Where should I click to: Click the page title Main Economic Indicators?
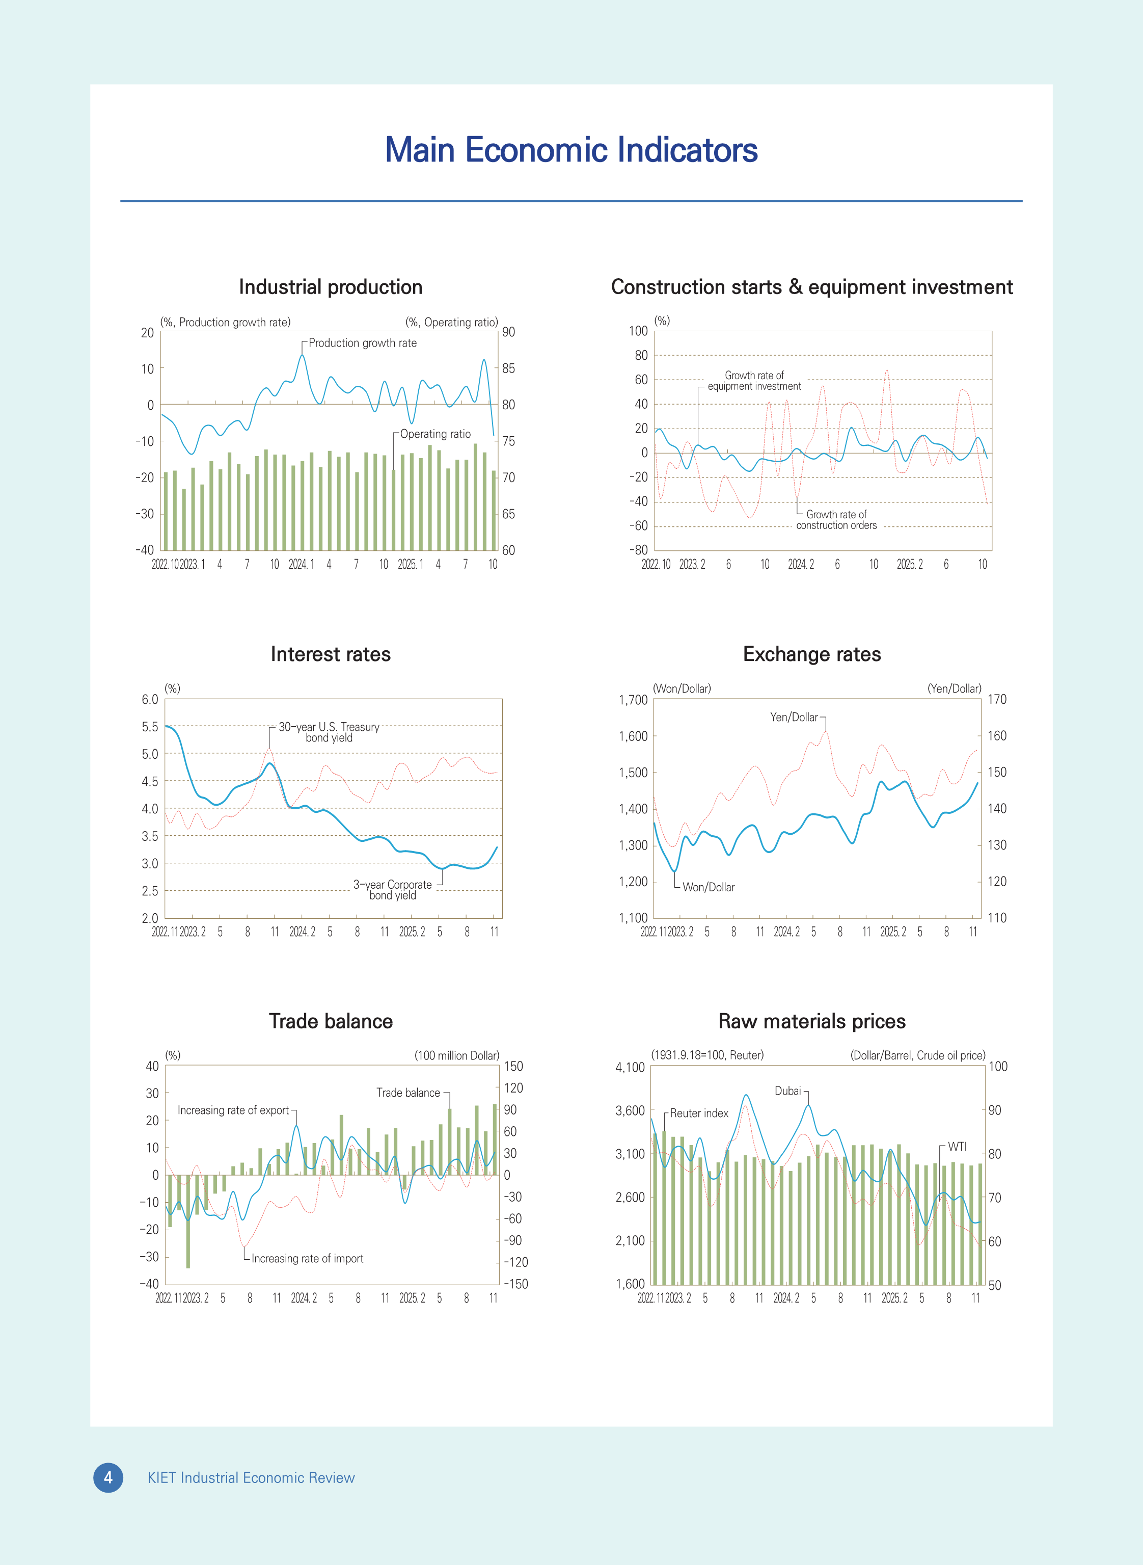click(x=571, y=150)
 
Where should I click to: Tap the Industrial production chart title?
click(x=330, y=287)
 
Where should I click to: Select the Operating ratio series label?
click(x=435, y=434)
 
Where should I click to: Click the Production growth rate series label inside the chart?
click(x=363, y=342)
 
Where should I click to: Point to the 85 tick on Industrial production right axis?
click(x=508, y=368)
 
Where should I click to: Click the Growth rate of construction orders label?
click(x=836, y=520)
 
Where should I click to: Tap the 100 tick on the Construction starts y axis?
click(x=638, y=331)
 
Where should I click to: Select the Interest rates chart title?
click(x=330, y=654)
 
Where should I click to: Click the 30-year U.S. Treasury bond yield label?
click(x=330, y=732)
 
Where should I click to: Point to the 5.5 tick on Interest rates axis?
click(x=150, y=727)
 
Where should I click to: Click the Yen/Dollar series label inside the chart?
click(x=794, y=717)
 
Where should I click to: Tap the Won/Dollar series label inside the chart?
click(x=709, y=887)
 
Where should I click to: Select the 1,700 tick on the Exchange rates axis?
click(x=633, y=700)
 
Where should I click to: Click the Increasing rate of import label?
click(x=307, y=1258)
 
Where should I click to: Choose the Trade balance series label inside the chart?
click(x=407, y=1092)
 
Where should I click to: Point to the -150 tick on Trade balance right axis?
click(x=515, y=1284)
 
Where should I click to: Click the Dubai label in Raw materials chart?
click(x=787, y=1091)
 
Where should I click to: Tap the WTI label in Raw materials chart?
click(x=957, y=1147)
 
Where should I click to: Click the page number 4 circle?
click(x=108, y=1478)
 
